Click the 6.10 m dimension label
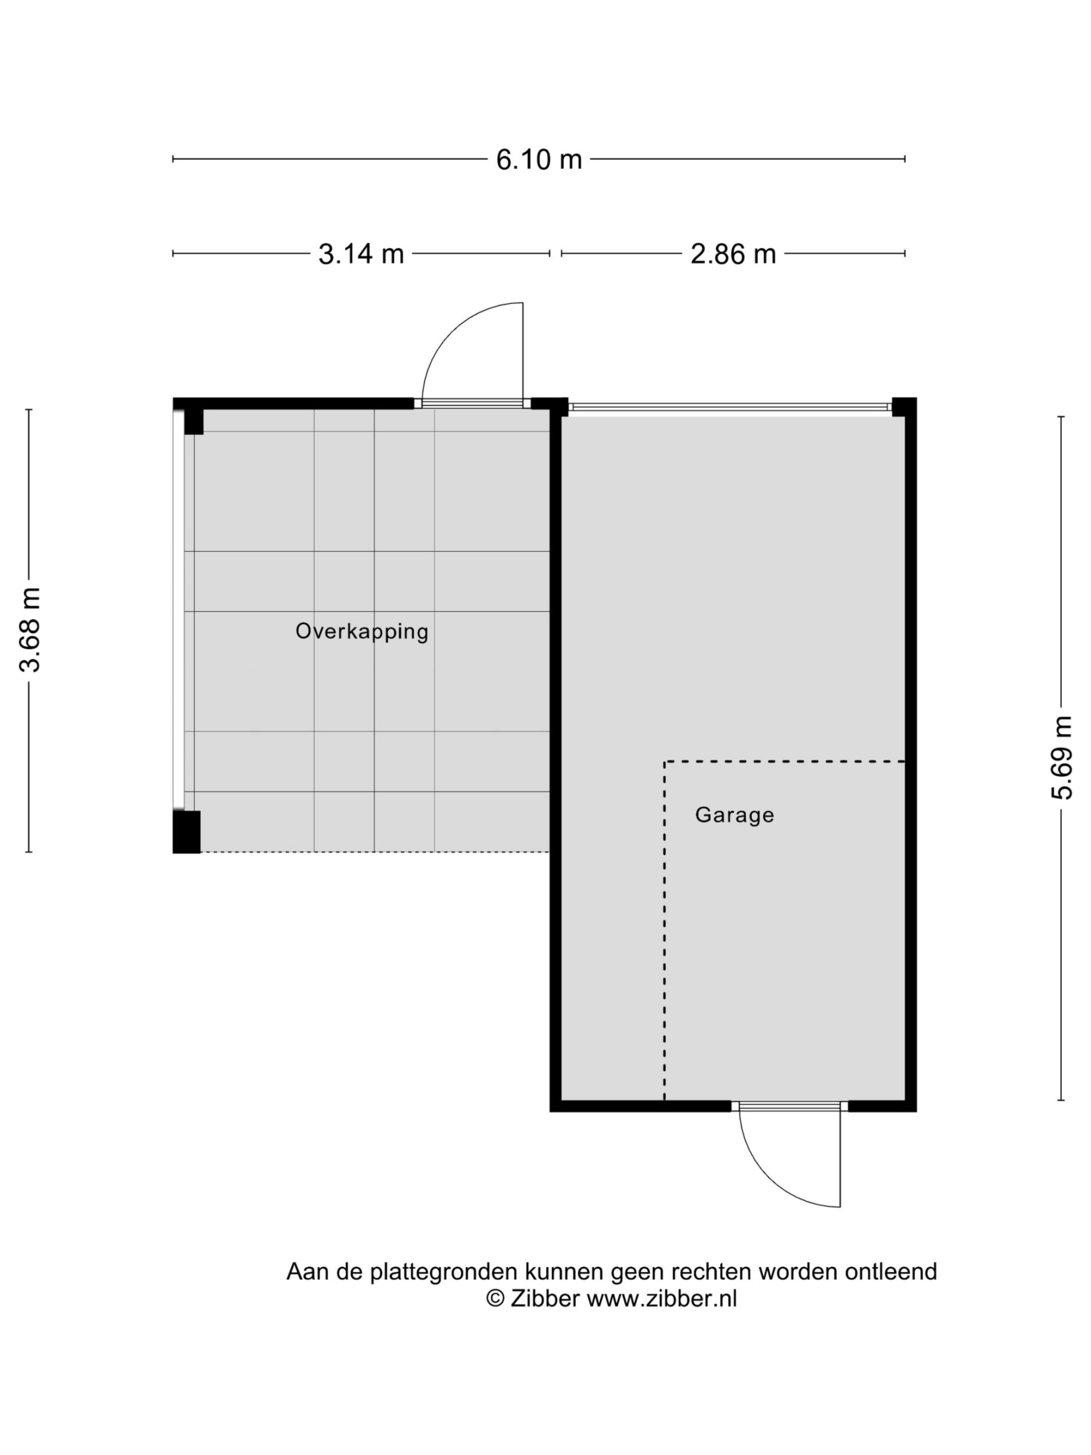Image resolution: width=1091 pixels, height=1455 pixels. pos(539,159)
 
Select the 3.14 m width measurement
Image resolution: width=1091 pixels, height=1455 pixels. pos(361,254)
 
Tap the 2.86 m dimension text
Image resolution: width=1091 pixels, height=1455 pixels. pos(732,254)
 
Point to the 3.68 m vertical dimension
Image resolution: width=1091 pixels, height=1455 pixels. pos(30,630)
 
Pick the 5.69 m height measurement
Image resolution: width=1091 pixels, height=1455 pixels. pos(1061,757)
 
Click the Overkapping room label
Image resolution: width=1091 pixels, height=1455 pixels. pos(362,631)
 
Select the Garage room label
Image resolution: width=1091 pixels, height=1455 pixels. pos(734,815)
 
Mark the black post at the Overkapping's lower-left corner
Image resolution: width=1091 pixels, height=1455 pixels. pos(186,832)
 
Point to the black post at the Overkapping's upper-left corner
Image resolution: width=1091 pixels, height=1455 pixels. pos(193,421)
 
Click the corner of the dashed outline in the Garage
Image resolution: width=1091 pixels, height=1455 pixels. pos(664,762)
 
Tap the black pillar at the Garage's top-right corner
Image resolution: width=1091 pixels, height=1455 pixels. pos(904,407)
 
